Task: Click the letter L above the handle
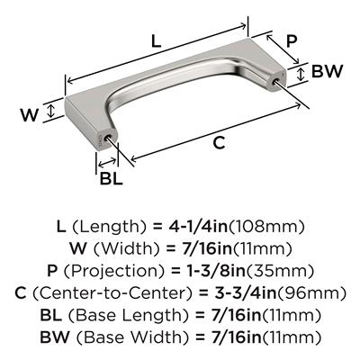point(156,41)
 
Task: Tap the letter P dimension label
point(291,41)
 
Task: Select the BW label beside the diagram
point(327,71)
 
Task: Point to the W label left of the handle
point(30,114)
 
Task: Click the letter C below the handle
point(219,142)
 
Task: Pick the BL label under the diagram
point(111,179)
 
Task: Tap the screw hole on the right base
point(275,80)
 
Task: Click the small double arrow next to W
point(51,110)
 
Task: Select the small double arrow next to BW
point(301,74)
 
